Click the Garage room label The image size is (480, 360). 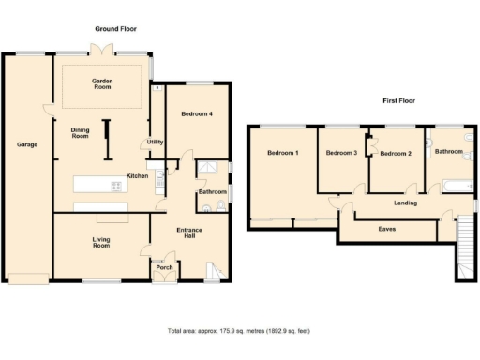click(26, 144)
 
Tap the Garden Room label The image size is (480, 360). click(102, 85)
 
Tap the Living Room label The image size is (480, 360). click(101, 242)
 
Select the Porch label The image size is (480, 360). click(164, 267)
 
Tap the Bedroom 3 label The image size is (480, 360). click(341, 153)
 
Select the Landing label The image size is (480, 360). click(405, 202)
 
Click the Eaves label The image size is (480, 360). click(386, 228)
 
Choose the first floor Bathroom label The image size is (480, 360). click(448, 152)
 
